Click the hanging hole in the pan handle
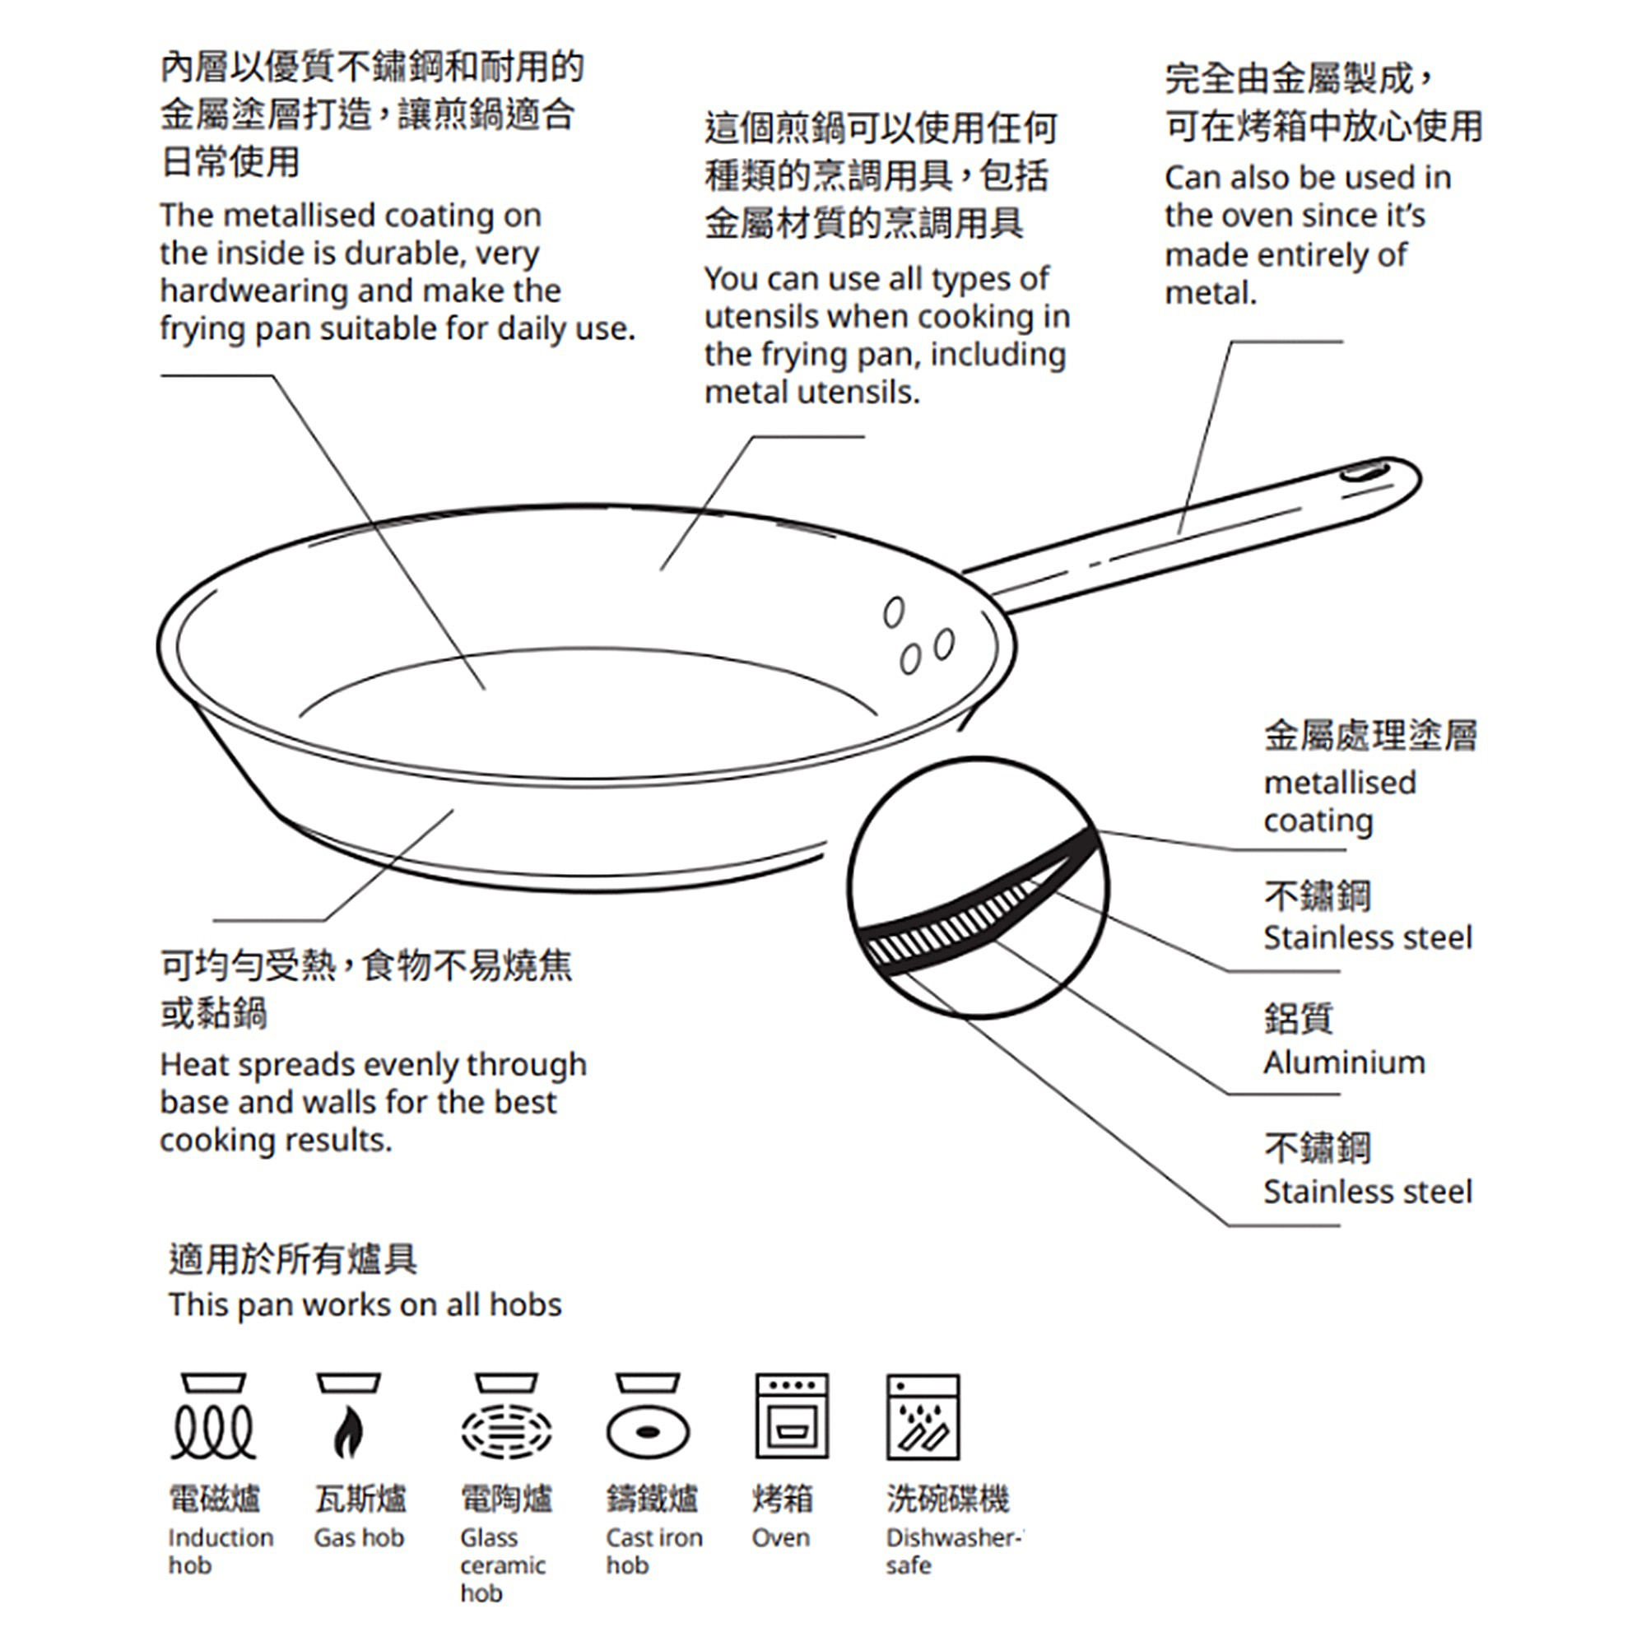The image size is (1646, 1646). (1365, 471)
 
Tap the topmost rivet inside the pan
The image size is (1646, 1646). (893, 611)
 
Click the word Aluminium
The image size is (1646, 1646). (1344, 1062)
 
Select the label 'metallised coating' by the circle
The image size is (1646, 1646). (1338, 801)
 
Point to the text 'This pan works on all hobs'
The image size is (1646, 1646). (365, 1305)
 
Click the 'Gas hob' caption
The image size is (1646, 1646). (359, 1538)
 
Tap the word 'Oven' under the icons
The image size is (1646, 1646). (780, 1538)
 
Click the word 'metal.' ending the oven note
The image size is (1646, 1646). (1210, 293)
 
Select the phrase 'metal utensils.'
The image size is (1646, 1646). (812, 392)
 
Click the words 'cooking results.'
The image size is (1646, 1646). (276, 1140)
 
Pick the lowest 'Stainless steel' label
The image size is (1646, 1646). (1366, 1191)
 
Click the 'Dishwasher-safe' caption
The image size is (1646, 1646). (950, 1551)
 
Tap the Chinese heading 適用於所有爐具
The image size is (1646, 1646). (292, 1258)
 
